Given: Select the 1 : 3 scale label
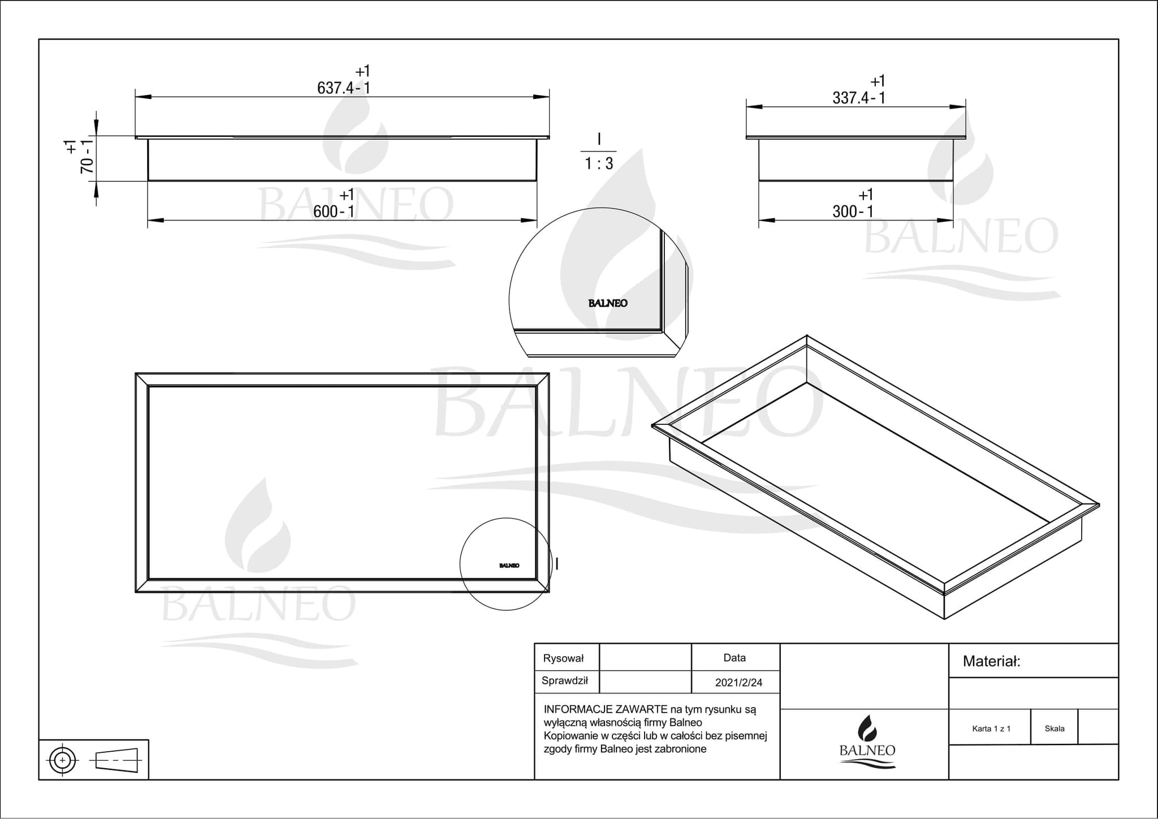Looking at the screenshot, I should point(599,164).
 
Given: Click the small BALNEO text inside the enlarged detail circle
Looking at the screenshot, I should point(608,303).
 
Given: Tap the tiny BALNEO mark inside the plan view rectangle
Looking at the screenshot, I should point(509,566).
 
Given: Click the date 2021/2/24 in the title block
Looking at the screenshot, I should point(738,683).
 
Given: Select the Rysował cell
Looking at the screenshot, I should point(563,658).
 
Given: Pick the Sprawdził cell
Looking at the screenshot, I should point(565,681).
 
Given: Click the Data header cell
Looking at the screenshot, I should point(734,658).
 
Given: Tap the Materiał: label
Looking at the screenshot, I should point(991,661).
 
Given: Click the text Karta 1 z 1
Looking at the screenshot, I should point(991,729).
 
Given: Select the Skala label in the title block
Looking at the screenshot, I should point(1055,729).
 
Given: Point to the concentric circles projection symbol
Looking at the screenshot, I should point(63,760).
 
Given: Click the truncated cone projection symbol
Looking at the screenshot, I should point(117,760).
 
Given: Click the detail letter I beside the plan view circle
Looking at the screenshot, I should point(558,563).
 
